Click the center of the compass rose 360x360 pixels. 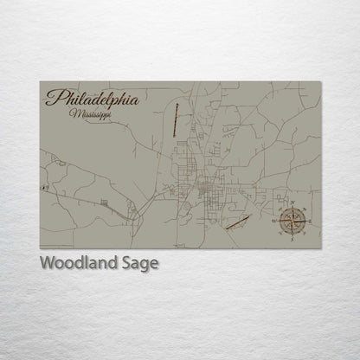pyautogui.click(x=292, y=222)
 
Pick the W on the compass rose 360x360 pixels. pyautogui.click(x=278, y=222)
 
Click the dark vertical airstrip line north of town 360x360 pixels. pyautogui.click(x=176, y=119)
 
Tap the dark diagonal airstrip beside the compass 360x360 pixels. pyautogui.click(x=238, y=222)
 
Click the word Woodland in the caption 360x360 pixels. pyautogui.click(x=75, y=263)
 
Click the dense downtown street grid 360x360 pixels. pyautogui.click(x=206, y=189)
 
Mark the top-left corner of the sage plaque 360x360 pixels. pyautogui.click(x=40, y=82)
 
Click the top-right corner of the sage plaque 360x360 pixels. pyautogui.click(x=320, y=82)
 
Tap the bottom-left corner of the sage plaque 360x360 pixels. pyautogui.click(x=40, y=248)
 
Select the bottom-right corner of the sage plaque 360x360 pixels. pyautogui.click(x=320, y=248)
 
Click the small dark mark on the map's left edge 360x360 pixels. pyautogui.click(x=42, y=186)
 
